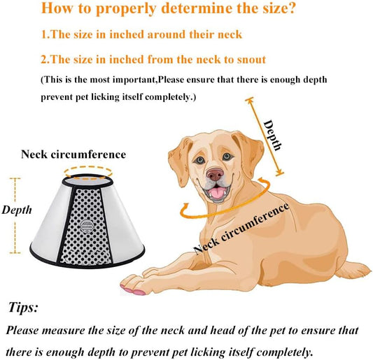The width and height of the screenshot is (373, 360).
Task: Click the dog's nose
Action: click(216, 173)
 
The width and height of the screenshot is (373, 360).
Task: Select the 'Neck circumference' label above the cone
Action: click(73, 154)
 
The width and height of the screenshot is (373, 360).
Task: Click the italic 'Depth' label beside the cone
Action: click(16, 210)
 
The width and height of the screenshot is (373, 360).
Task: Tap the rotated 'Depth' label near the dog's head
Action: click(273, 135)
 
